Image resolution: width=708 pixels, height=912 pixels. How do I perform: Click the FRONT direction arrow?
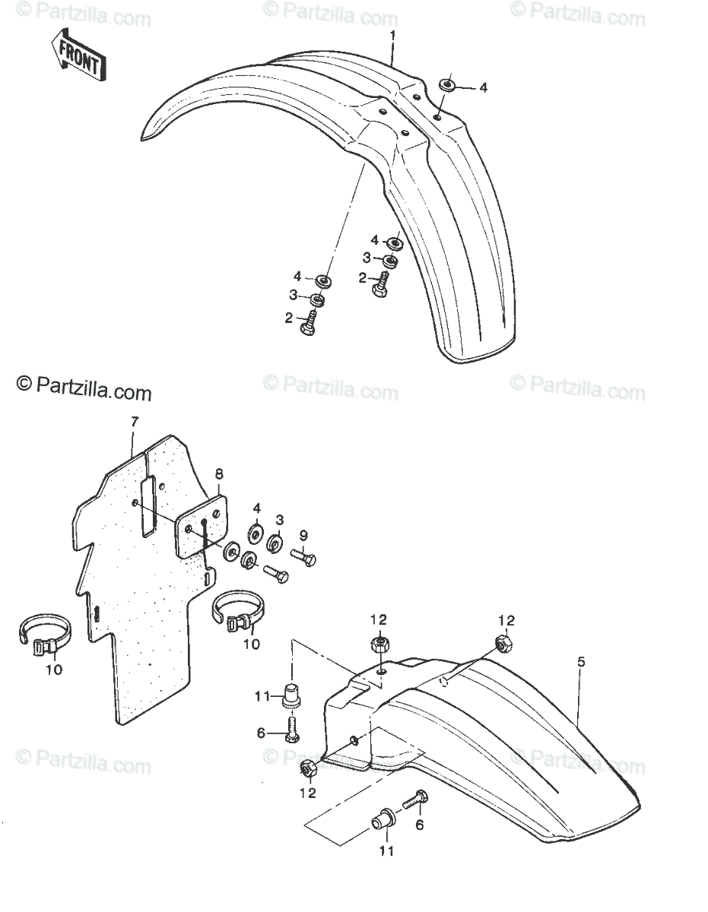click(78, 55)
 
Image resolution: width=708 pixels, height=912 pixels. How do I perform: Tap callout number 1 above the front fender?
click(392, 36)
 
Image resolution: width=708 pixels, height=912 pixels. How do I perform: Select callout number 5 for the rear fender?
click(581, 662)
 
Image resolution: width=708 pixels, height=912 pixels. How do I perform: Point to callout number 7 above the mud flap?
click(135, 422)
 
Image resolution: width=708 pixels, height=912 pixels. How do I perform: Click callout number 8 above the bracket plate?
click(219, 473)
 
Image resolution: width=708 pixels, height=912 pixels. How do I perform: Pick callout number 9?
click(303, 536)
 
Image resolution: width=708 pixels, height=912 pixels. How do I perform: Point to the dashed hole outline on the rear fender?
click(446, 681)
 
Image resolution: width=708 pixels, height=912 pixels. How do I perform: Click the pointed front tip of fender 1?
click(142, 140)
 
